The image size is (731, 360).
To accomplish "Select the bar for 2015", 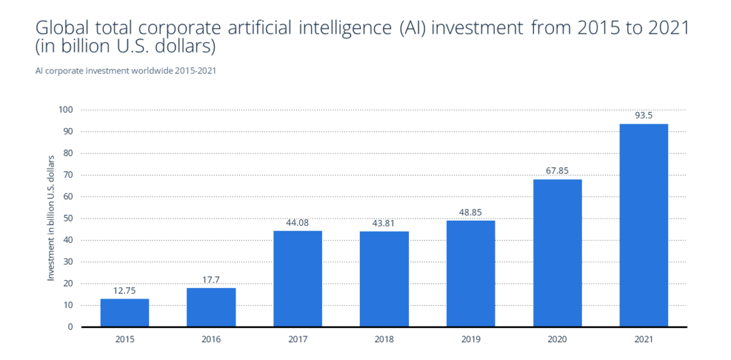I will [124, 313].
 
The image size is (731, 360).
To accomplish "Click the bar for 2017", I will [298, 279].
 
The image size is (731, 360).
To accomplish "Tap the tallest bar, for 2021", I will [644, 225].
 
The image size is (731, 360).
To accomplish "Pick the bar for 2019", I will [470, 274].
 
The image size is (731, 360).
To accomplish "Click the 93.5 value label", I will [644, 115].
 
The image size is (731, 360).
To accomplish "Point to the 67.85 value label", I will [558, 171].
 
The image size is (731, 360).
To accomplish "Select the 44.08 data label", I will [298, 222].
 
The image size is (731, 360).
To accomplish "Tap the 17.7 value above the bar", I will [211, 279].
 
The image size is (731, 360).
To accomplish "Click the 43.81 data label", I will [384, 223].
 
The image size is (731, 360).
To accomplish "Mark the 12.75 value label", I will [124, 290].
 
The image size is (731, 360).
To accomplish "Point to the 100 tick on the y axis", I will [66, 110].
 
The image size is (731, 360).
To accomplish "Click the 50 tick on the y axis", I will [68, 219].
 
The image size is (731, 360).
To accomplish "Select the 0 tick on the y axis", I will [71, 327].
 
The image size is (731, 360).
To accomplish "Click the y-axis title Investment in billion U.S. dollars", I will [51, 219].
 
